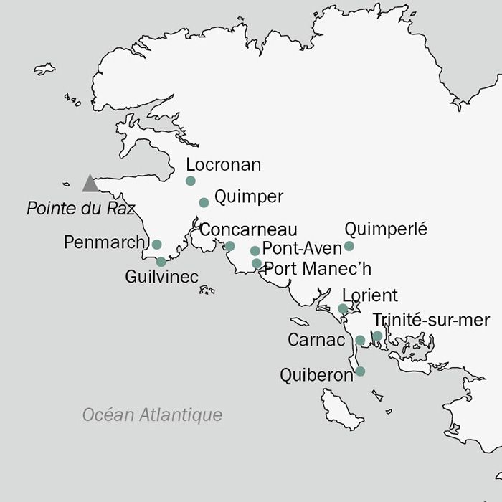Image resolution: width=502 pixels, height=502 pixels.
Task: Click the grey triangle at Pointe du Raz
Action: point(90,184)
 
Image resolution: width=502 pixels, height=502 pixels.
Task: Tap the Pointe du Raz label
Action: point(80,209)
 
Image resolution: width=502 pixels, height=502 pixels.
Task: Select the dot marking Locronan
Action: point(191,181)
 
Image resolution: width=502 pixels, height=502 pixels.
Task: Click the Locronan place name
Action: point(223,165)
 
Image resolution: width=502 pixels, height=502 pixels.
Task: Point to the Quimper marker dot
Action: point(204,202)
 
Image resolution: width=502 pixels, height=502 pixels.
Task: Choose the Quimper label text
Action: point(249,196)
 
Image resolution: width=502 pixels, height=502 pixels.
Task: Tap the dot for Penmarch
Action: point(157,245)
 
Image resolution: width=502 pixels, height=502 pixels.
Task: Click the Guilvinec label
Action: point(161,277)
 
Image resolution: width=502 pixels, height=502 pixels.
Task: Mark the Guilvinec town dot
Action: point(161,262)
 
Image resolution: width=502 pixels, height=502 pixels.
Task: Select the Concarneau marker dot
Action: point(230,246)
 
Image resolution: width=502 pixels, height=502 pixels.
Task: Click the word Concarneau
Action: point(248,229)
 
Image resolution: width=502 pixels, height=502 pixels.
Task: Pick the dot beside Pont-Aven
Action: point(255,251)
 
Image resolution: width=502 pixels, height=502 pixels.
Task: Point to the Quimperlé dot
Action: point(349,246)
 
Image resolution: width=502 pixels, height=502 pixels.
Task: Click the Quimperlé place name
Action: point(386,229)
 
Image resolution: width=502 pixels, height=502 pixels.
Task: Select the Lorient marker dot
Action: point(343,309)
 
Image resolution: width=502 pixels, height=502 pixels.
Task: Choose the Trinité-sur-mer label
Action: point(432,320)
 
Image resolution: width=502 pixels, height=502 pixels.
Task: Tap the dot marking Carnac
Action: point(360,340)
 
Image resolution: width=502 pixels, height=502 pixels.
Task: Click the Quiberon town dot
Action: point(360,371)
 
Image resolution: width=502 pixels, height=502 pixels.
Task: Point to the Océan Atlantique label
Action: point(152,415)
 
